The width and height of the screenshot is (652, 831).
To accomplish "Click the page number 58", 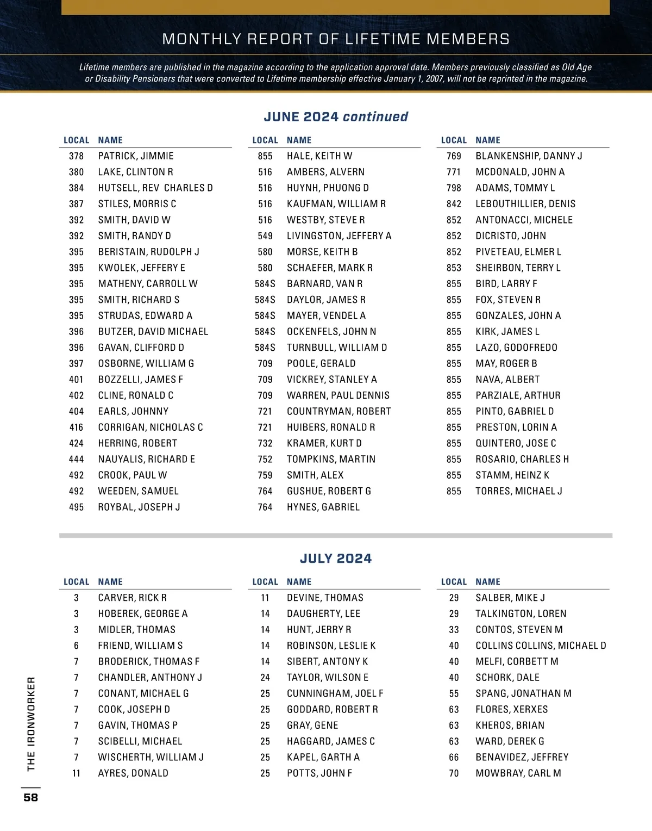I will coord(31,797).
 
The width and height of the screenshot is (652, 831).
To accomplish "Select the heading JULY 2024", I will coord(336,559).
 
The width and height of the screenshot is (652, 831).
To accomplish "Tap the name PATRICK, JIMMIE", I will coord(136,156).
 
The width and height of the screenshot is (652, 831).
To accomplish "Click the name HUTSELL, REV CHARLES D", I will coord(155,188).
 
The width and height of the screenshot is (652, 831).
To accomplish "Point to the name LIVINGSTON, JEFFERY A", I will coord(339,236).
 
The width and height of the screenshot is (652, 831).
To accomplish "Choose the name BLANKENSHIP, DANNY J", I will coord(529,156).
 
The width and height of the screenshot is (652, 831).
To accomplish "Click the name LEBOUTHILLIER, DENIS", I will coord(525,204).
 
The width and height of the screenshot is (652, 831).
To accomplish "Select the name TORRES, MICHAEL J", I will coord(519,491).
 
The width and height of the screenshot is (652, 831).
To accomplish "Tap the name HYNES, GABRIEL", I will coord(323,507).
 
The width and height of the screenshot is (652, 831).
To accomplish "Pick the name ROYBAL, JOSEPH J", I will coord(139,507).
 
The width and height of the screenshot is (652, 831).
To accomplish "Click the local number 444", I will coord(77,459).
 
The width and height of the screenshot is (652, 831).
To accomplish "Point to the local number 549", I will coord(265,236).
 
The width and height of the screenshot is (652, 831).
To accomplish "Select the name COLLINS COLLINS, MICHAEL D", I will coord(541,646).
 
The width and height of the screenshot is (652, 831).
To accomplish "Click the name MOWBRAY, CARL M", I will coord(518,773).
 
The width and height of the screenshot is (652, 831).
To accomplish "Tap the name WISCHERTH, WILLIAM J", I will coord(151,757).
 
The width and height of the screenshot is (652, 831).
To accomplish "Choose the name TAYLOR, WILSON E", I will coord(328,678).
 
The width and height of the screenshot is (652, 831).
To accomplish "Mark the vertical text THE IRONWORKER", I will coord(31,724).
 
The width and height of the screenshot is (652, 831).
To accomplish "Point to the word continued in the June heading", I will coord(375,117).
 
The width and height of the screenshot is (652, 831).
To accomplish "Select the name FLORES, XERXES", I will coord(512,709).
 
